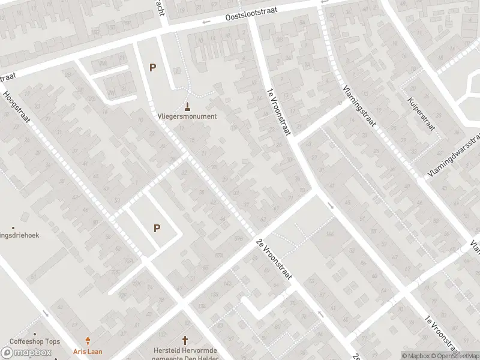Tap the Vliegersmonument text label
pyautogui.click(x=187, y=116)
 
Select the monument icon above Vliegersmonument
pyautogui.click(x=188, y=107)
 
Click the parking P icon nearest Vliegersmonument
pyautogui.click(x=152, y=68)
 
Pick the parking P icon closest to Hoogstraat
pyautogui.click(x=157, y=228)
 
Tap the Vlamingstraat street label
pyautogui.click(x=359, y=105)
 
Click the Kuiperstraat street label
pyautogui.click(x=420, y=114)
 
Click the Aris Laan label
pyautogui.click(x=88, y=351)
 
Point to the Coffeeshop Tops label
pyautogui.click(x=35, y=341)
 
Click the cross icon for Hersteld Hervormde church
pyautogui.click(x=185, y=340)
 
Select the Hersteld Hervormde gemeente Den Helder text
pyautogui.click(x=185, y=354)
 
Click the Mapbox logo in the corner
pyautogui.click(x=26, y=352)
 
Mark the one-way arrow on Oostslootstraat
pyautogui.click(x=206, y=22)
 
